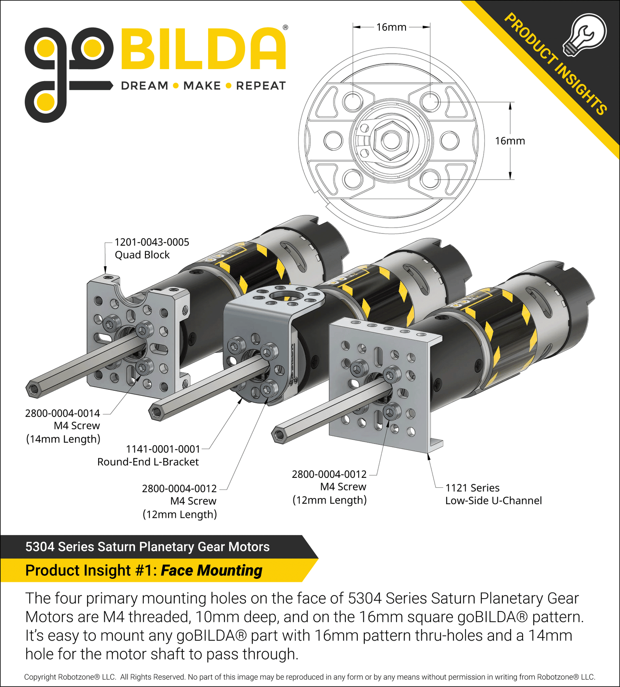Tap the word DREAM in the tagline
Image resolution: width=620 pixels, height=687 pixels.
pos(145,86)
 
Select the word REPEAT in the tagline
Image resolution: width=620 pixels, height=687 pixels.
pos(261,86)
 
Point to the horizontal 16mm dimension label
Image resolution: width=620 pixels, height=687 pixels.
pos(391,27)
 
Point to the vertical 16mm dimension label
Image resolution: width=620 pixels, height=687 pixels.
pos(510,141)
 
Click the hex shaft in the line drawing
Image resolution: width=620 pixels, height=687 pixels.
pos(390,140)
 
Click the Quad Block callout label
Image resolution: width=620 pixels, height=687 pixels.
pos(152,248)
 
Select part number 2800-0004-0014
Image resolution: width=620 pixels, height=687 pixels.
pos(63,413)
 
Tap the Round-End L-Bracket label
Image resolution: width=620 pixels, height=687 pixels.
pos(148,462)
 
